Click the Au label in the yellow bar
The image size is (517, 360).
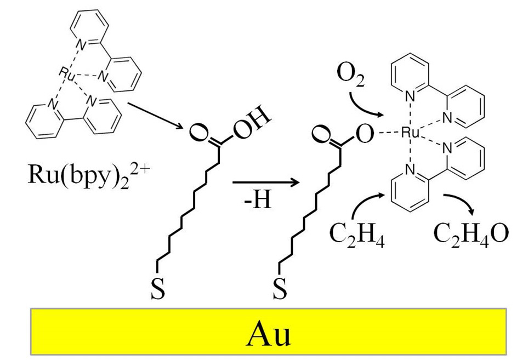(267, 332)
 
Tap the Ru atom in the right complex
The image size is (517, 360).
(411, 132)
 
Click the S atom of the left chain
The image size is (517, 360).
(157, 291)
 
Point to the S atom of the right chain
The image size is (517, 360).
(280, 291)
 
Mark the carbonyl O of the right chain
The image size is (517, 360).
(319, 134)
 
